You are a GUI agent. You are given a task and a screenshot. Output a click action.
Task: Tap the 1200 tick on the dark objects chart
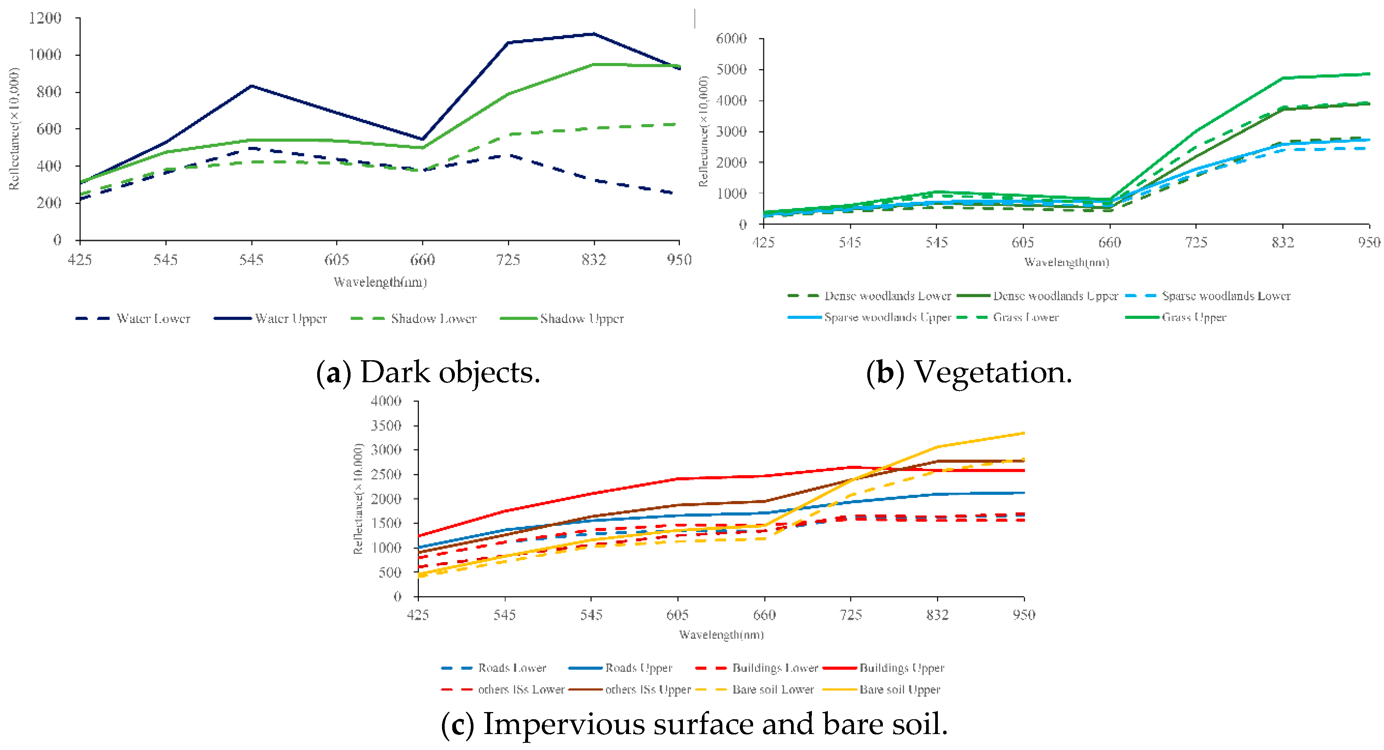click(45, 18)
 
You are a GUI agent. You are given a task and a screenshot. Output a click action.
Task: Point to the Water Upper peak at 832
click(594, 34)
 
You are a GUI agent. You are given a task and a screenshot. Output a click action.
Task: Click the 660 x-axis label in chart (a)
click(422, 260)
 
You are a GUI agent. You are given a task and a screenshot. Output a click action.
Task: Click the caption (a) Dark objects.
click(428, 372)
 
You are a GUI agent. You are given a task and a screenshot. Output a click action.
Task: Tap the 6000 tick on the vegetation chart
click(732, 39)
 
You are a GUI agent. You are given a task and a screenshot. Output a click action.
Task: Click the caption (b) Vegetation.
click(969, 372)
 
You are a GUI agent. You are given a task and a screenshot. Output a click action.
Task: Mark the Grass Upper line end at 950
click(1369, 74)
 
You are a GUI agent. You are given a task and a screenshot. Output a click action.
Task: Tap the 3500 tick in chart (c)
click(386, 426)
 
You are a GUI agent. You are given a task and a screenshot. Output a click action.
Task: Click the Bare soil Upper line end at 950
click(1024, 433)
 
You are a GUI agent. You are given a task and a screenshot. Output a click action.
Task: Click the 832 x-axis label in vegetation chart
click(1282, 243)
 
